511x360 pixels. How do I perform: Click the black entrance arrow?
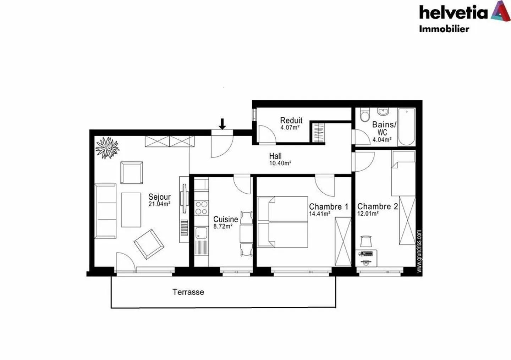(222, 124)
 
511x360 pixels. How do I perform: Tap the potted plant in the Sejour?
(107, 148)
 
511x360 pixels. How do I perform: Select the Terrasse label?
(188, 292)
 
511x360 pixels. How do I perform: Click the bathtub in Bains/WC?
(406, 127)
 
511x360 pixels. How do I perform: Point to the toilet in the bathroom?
(364, 115)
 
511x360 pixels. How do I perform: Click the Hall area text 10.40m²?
(280, 164)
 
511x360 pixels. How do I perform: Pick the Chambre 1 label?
(328, 206)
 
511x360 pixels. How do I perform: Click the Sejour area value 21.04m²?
(159, 204)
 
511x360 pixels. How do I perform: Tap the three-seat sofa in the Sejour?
(106, 211)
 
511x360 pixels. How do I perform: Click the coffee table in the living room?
(131, 210)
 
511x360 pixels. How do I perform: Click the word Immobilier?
(444, 29)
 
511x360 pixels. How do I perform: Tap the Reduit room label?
(291, 120)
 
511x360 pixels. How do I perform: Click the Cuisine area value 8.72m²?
(223, 226)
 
